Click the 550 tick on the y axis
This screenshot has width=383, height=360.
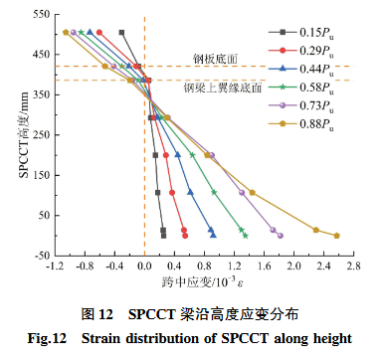(41, 15)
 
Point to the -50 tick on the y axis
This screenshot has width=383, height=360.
(41, 256)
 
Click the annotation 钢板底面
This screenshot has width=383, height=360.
(211, 58)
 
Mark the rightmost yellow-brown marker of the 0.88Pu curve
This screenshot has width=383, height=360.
(336, 236)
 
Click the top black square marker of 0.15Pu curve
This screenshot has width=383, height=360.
(121, 33)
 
